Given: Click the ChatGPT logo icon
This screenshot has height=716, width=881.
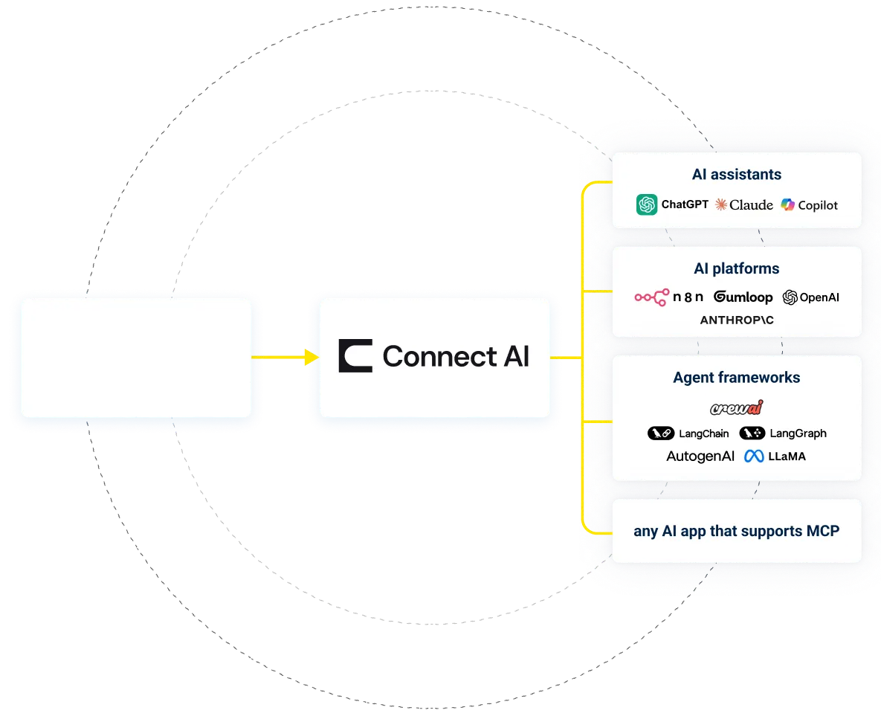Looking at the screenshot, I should [x=647, y=204].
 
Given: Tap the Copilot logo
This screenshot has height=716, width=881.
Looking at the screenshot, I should [x=809, y=204].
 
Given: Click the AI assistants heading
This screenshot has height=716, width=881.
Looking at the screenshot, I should [x=736, y=175].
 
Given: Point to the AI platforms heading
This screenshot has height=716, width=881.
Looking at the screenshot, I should [x=736, y=268].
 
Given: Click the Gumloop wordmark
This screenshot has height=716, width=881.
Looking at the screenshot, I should [x=743, y=297].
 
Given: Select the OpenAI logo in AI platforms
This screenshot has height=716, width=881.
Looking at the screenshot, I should [x=810, y=297].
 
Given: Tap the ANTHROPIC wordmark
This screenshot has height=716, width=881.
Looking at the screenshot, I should [x=737, y=320].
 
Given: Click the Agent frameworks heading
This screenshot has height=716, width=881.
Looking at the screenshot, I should [x=736, y=378].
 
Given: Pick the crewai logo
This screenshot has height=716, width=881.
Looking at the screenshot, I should [x=736, y=407].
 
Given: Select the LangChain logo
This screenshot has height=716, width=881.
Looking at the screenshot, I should [x=688, y=433].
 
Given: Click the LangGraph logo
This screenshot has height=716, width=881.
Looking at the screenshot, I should [x=783, y=433].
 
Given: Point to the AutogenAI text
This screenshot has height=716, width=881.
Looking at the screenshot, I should [x=700, y=457].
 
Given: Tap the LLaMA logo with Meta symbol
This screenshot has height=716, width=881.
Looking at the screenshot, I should [x=775, y=457].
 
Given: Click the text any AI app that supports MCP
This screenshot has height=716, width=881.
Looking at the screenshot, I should [x=736, y=532].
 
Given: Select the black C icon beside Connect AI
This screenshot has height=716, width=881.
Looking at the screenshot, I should [x=355, y=356].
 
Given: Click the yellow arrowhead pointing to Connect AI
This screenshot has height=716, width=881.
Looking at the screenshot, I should [x=311, y=358].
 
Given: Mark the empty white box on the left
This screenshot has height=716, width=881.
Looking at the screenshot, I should [x=136, y=358].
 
